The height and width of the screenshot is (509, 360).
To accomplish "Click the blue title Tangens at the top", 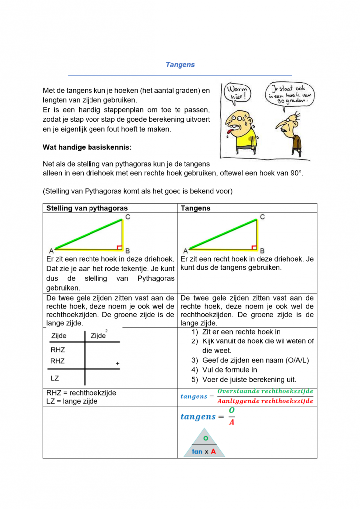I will (180, 65).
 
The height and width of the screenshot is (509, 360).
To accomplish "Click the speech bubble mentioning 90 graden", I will (290, 94).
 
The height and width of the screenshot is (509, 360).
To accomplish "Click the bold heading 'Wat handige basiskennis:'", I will (88, 147).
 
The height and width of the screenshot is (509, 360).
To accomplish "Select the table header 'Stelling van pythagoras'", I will (87, 208).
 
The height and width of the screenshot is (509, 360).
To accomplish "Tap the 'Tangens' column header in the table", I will (196, 208).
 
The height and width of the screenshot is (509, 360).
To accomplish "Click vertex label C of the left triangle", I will (128, 217).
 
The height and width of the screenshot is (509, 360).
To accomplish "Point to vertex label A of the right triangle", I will (186, 251).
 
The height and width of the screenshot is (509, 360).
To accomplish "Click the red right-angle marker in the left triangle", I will (119, 247).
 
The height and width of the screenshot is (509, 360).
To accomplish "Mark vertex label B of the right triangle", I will (263, 251).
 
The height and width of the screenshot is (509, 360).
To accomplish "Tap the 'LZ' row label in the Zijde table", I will (55, 378).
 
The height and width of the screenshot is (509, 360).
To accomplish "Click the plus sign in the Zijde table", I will (118, 364).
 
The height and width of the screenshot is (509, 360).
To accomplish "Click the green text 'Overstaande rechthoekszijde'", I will (266, 392).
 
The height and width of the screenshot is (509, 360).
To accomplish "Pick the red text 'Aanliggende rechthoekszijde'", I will (266, 401).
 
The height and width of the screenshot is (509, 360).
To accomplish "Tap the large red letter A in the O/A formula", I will (231, 423).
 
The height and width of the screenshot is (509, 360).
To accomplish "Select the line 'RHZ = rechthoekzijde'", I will (81, 393).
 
